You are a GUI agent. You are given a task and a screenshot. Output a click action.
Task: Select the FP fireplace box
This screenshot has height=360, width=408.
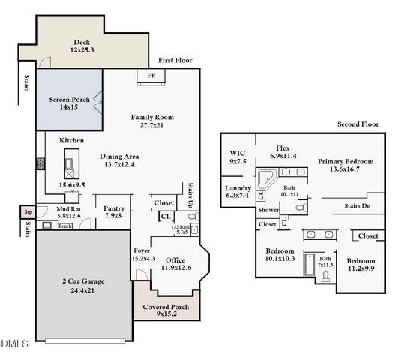pyautogui.click(x=151, y=76)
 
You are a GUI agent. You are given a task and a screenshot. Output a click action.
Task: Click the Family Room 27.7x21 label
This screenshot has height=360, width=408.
pyautogui.click(x=152, y=121)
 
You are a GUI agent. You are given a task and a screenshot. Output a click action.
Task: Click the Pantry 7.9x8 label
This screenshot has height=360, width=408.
pyautogui.click(x=113, y=213)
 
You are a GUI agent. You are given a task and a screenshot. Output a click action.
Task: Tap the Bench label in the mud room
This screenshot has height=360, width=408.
pyautogui.click(x=65, y=225)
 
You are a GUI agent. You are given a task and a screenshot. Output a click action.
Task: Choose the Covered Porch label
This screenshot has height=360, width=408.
pyautogui.click(x=171, y=310)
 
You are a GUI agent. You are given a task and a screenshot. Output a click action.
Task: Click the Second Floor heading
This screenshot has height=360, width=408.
pyautogui.click(x=358, y=124)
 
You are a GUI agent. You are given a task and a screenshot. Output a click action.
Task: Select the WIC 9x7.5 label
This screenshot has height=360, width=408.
pyautogui.click(x=237, y=157)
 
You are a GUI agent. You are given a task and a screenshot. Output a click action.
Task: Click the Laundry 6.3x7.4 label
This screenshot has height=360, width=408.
pyautogui.click(x=238, y=192)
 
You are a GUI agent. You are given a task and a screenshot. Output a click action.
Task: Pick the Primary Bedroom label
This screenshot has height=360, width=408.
pyautogui.click(x=345, y=165)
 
